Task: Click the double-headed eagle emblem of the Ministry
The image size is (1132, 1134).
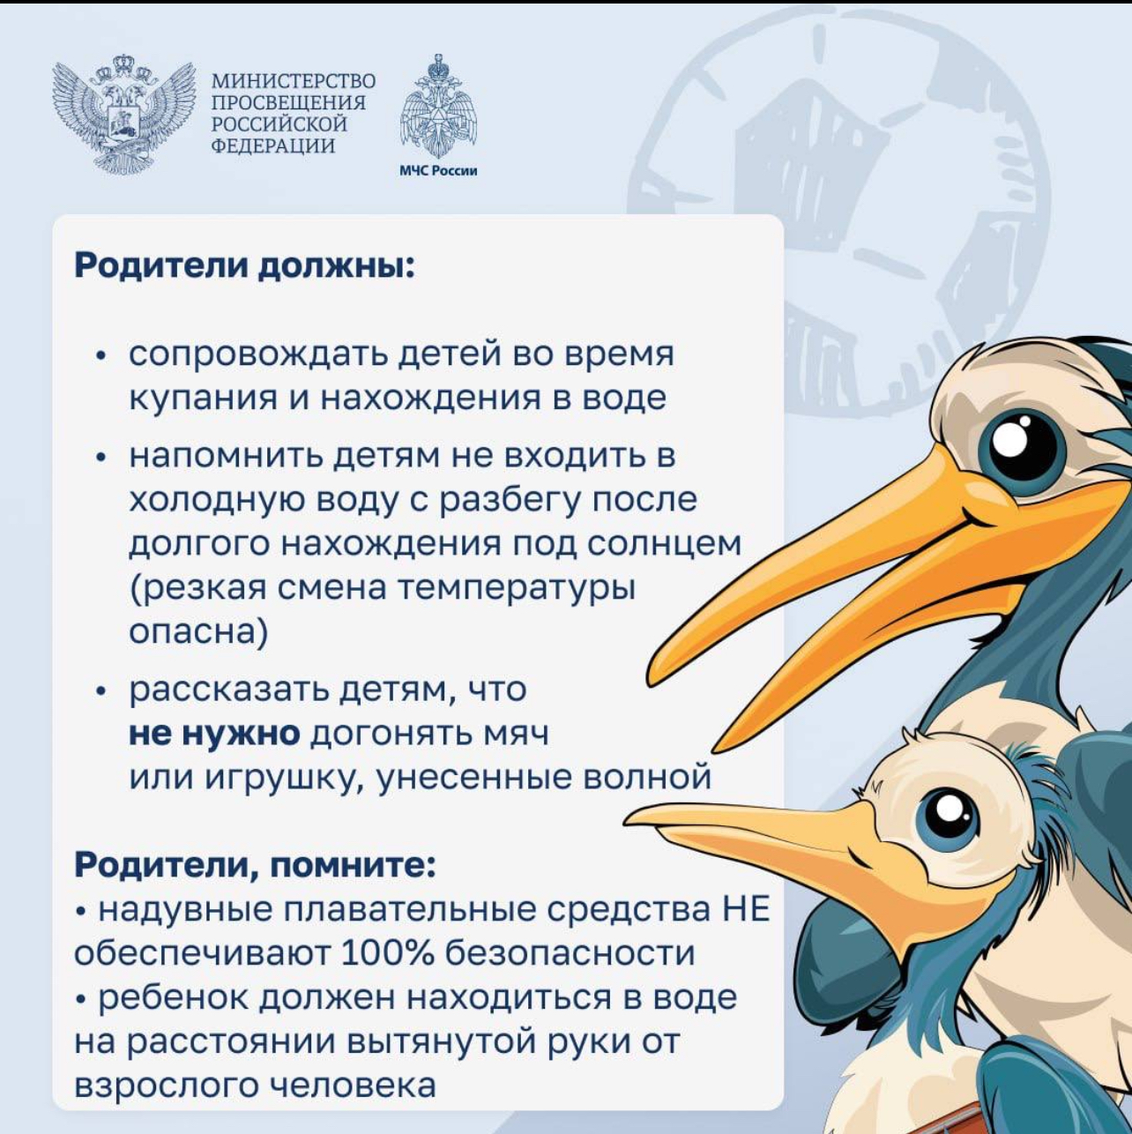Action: point(124,114)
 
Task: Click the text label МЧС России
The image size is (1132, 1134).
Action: point(438,171)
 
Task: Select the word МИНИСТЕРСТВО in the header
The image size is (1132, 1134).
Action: point(293,80)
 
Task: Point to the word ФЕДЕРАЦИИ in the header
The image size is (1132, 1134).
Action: point(273,145)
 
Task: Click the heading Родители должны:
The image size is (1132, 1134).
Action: point(245,266)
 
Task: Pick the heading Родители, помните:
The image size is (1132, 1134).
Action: point(256,866)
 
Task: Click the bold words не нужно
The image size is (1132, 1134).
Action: point(214,734)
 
